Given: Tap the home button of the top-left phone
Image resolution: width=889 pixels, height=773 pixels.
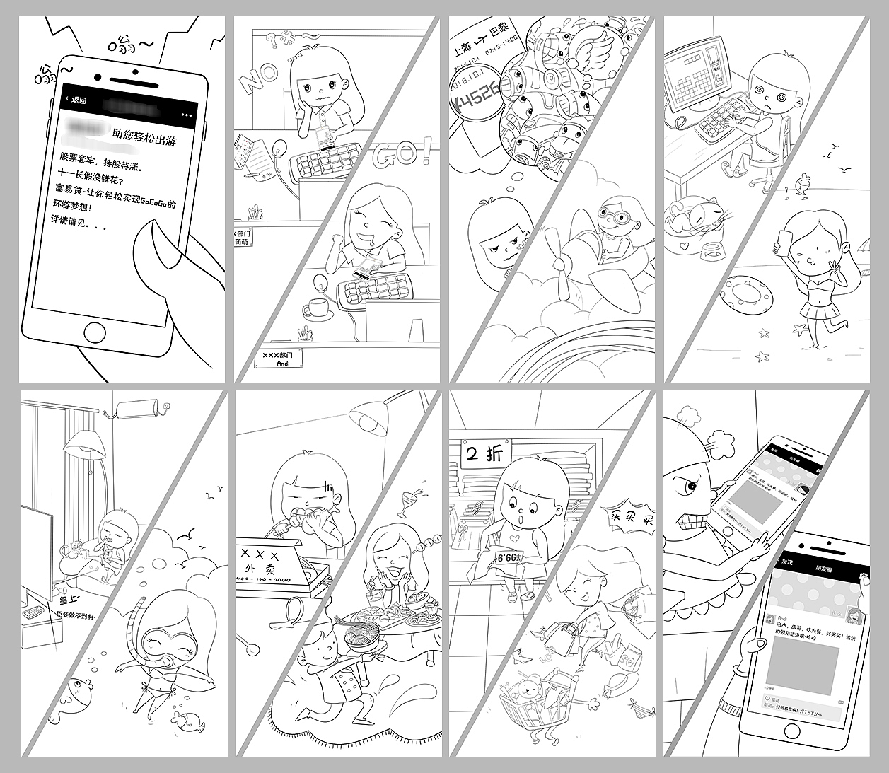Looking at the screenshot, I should [x=96, y=332].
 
